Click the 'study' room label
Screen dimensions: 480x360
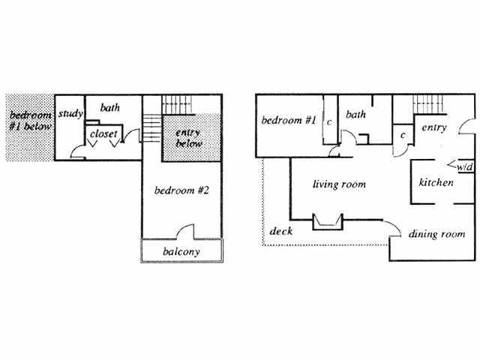70,115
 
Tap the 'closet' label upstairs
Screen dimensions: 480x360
103,134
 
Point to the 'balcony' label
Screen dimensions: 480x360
181,252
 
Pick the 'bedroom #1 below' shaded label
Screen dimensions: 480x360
30,122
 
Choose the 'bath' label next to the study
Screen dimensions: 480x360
111,108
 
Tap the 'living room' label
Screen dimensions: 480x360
339,183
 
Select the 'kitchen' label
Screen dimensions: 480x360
436,182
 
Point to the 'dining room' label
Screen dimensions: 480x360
437,234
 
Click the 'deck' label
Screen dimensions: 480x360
281,231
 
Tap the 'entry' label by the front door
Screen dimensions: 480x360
434,127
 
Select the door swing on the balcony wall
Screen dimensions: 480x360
186,232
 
